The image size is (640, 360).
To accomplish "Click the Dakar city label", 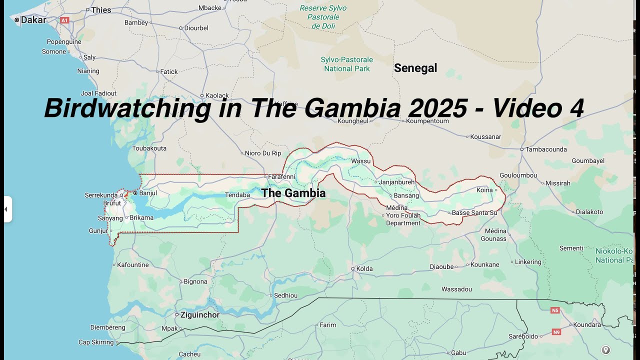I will [x=33, y=20].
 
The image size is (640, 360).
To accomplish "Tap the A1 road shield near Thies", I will [x=64, y=20].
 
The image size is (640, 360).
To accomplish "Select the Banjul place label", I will [x=148, y=193].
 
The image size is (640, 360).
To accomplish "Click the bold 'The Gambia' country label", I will [x=293, y=193].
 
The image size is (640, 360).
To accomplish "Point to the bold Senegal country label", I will [x=415, y=68].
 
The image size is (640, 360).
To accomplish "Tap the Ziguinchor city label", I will [x=200, y=315].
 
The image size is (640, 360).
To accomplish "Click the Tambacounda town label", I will [x=545, y=149].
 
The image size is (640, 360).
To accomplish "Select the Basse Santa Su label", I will [x=474, y=213].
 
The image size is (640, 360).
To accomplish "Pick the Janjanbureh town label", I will [x=396, y=182].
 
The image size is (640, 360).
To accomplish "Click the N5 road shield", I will [x=554, y=310].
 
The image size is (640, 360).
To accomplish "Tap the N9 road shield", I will [x=556, y=331].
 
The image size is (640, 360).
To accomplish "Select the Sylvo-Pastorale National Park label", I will [x=347, y=64].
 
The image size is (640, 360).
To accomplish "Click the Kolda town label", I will [x=364, y=268].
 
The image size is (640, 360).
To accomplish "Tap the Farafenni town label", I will [x=282, y=176].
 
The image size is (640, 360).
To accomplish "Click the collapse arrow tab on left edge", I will [x=7, y=209].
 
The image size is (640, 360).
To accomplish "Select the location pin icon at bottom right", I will [x=605, y=350].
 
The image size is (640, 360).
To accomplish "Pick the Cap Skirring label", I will [x=96, y=342].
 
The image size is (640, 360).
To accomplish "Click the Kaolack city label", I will [x=217, y=95].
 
